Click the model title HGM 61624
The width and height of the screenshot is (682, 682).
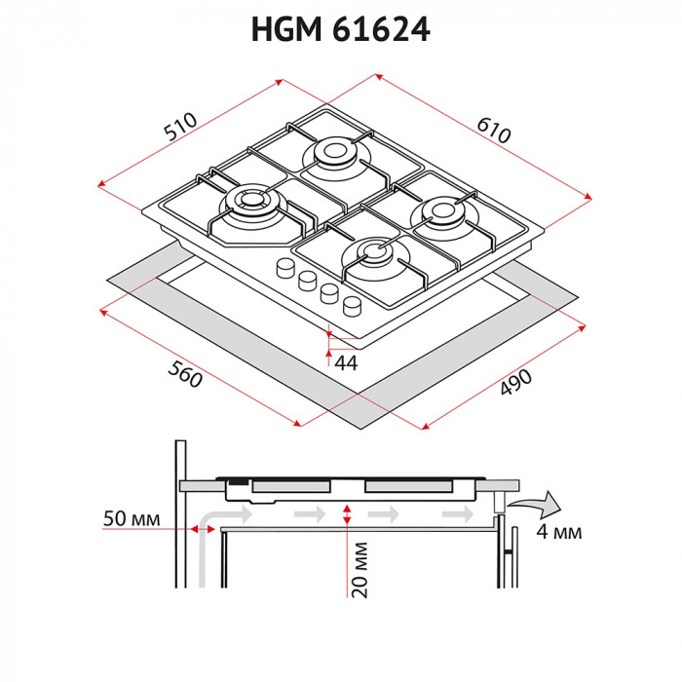(x=340, y=30)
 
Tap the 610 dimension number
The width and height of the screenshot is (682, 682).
(x=492, y=129)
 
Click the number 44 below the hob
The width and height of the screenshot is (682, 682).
(x=346, y=361)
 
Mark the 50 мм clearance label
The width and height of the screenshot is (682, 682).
(x=131, y=517)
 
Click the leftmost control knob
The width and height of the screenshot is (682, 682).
(x=286, y=267)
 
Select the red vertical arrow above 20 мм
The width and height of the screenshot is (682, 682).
(x=348, y=516)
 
